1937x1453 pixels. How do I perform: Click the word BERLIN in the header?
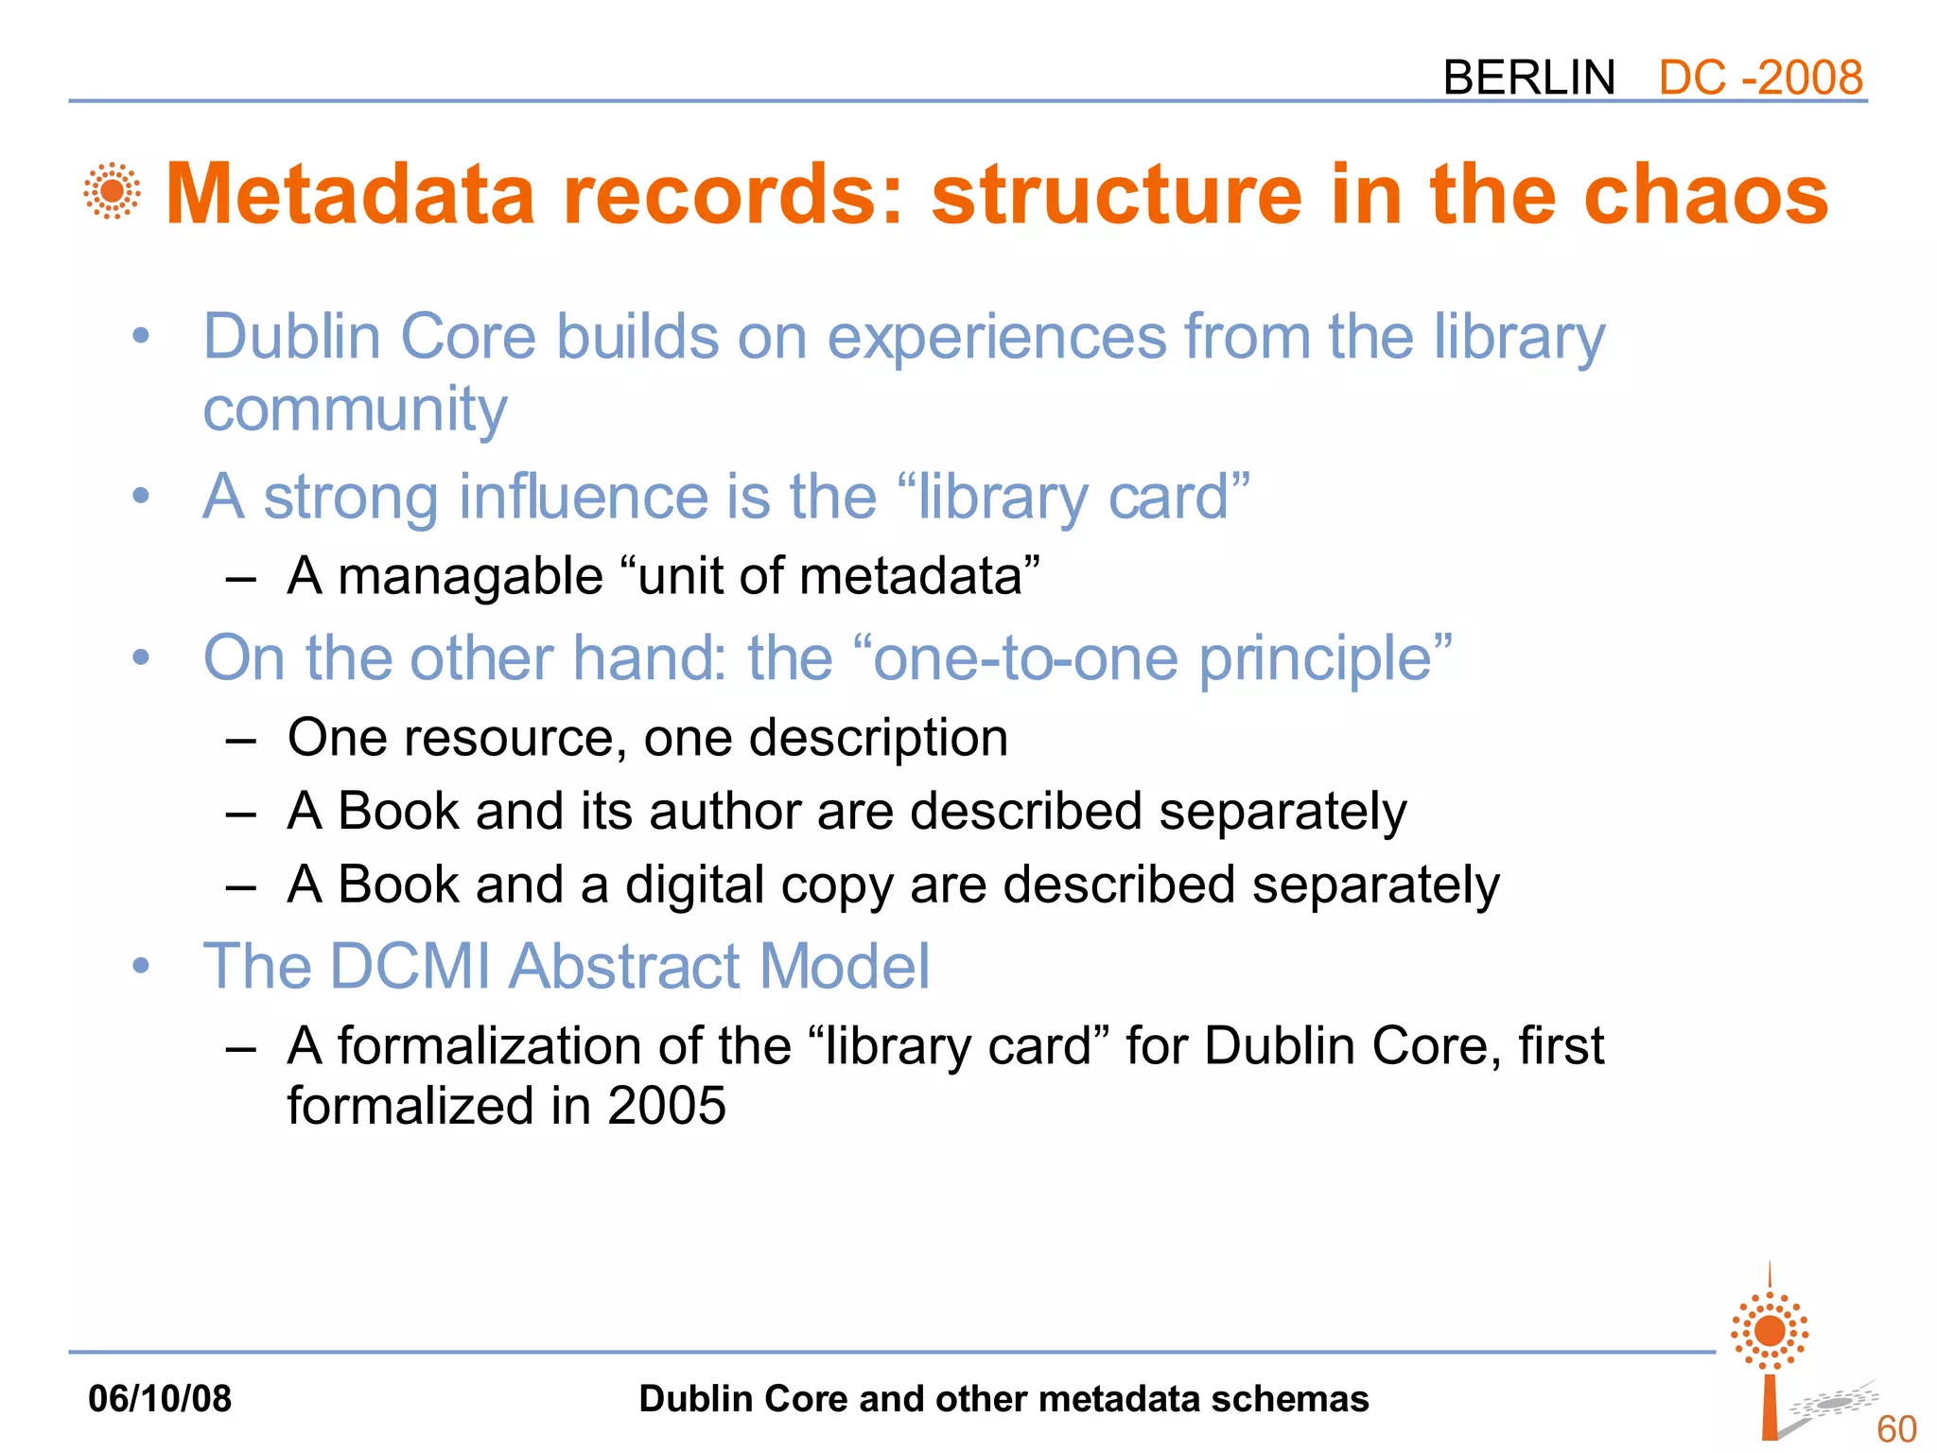click(1528, 78)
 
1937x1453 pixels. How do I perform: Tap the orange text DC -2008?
click(1760, 78)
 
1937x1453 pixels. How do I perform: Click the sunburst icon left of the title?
click(113, 191)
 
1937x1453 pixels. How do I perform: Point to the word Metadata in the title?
click(351, 194)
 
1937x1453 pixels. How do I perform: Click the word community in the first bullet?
click(355, 411)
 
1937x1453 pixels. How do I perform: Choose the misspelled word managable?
click(470, 576)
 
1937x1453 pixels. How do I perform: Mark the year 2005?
click(667, 1106)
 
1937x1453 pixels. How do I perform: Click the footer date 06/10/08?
click(160, 1398)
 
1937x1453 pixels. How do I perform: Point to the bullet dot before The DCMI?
click(142, 967)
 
